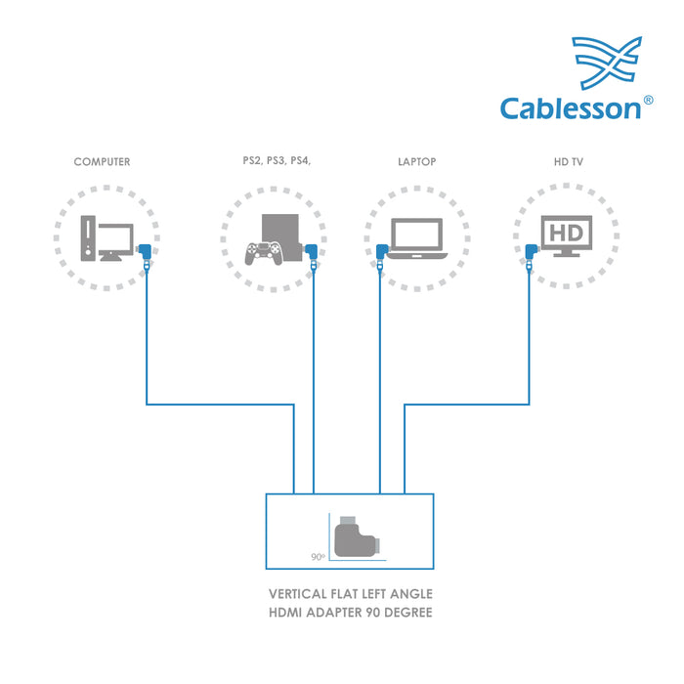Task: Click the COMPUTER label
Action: [102, 161]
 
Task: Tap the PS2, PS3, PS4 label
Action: [277, 161]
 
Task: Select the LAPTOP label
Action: [416, 161]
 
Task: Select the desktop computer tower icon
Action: [89, 237]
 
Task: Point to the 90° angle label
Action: [318, 556]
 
